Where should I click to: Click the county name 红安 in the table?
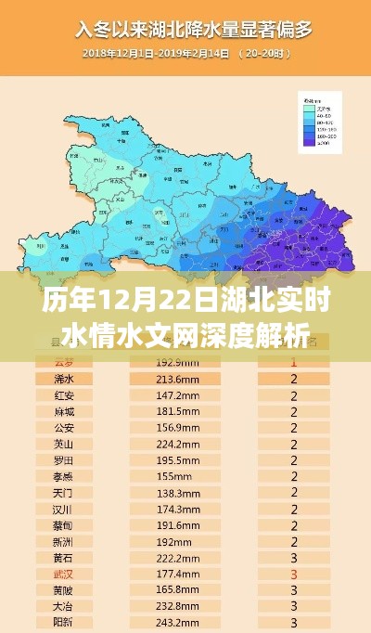click(x=64, y=395)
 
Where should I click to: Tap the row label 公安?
click(x=64, y=428)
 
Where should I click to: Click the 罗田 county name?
click(x=64, y=460)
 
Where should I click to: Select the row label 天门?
click(x=64, y=493)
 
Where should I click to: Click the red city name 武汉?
click(x=64, y=575)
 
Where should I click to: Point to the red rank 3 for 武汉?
click(x=294, y=575)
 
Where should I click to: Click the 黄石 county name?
click(x=64, y=558)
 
